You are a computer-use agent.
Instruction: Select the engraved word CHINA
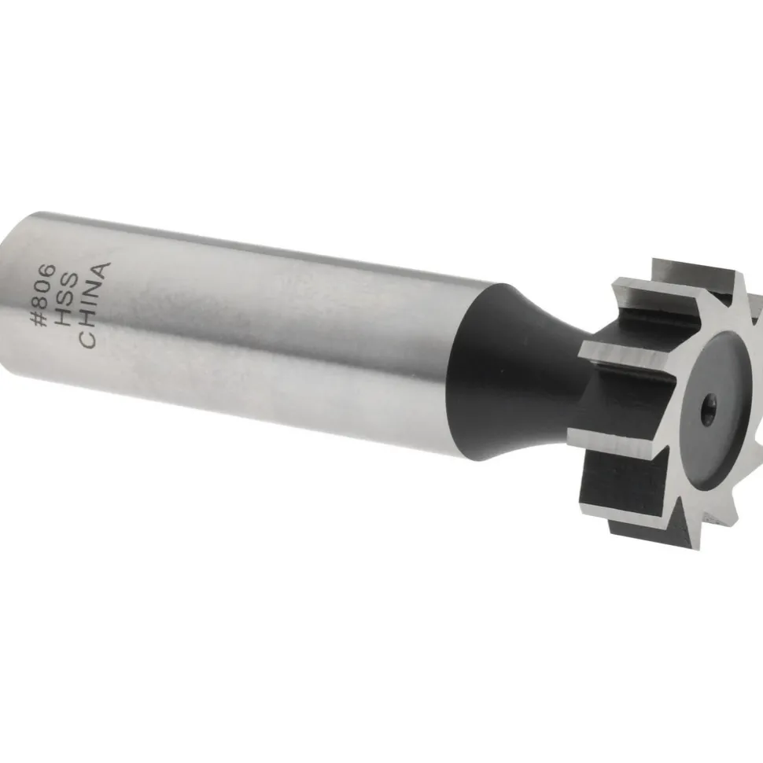tap(94, 305)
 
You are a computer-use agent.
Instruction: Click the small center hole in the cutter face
tap(707, 405)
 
